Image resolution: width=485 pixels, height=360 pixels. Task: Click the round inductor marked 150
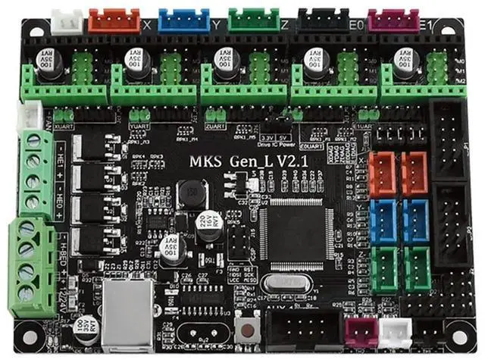(x=192, y=195)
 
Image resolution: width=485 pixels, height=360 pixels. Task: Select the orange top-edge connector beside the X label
(x=114, y=20)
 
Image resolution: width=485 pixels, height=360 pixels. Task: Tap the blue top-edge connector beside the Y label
(x=184, y=20)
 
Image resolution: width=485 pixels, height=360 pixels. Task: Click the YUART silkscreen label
(x=139, y=127)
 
